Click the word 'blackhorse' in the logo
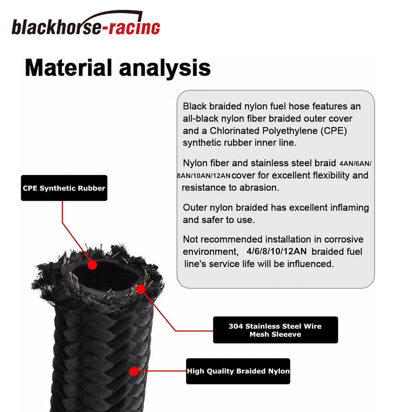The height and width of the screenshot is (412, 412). tap(56, 27)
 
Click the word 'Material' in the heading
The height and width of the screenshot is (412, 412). tap(68, 68)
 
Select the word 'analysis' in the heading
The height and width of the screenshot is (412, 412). tap(165, 68)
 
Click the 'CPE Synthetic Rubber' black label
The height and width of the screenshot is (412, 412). tap(64, 188)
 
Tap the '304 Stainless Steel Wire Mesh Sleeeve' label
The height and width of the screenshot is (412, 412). tap(275, 330)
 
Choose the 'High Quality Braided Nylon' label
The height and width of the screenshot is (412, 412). tap(238, 371)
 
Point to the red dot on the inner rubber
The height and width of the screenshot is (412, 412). tap(92, 265)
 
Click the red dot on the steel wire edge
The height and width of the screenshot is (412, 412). tap(140, 289)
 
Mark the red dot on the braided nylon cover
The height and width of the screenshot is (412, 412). tap(134, 371)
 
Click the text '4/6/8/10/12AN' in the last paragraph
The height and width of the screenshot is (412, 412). tap(276, 251)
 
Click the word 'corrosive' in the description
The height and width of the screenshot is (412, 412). tap(344, 239)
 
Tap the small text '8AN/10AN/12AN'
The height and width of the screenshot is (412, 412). tap(204, 176)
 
